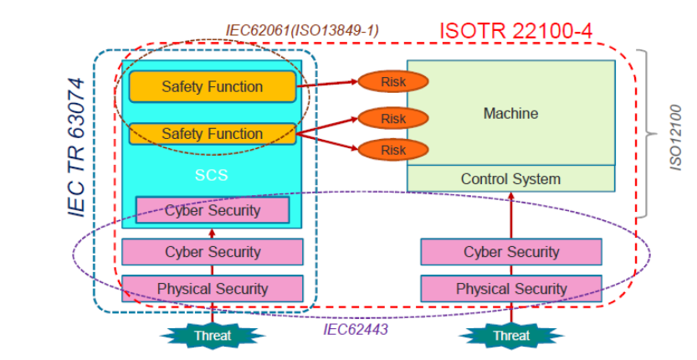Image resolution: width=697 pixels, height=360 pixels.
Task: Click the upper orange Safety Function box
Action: [213, 86]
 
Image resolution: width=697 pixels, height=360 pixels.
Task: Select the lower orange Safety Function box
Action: [213, 134]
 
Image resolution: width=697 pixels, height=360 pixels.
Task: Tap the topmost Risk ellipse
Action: [393, 81]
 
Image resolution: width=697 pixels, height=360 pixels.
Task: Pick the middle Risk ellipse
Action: [393, 118]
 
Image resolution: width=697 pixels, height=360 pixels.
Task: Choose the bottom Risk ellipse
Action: [393, 150]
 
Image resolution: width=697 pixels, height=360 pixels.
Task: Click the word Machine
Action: [510, 113]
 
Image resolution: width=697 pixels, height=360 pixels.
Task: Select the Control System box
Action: [510, 178]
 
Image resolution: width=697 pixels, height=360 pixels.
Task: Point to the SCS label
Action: [212, 176]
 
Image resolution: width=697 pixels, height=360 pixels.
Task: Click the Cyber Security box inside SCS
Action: [213, 210]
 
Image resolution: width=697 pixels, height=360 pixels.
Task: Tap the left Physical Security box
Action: [213, 289]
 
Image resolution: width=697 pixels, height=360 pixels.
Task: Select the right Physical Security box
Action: [510, 289]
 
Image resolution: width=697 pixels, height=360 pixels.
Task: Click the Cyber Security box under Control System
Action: [510, 252]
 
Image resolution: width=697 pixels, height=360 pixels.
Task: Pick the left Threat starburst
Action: [213, 335]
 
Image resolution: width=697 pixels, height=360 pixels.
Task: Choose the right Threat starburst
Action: [510, 335]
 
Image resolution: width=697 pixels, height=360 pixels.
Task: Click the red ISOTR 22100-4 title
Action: [516, 32]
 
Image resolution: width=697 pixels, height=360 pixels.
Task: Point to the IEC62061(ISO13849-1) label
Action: [302, 30]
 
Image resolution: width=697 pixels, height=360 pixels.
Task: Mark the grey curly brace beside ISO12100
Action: [648, 132]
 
